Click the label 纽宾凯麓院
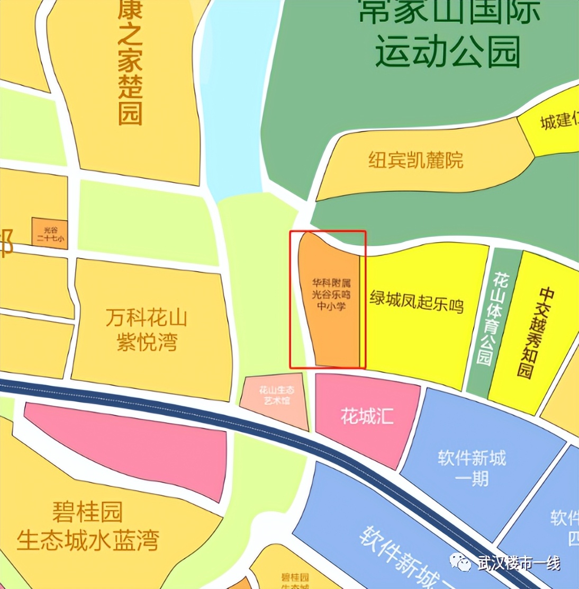point(415,159)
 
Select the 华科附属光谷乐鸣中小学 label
point(331,294)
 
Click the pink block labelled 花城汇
point(367,416)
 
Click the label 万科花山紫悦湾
point(147,330)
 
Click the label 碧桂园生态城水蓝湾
point(88,526)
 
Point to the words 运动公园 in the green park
point(448,52)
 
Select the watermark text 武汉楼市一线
point(518,563)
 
